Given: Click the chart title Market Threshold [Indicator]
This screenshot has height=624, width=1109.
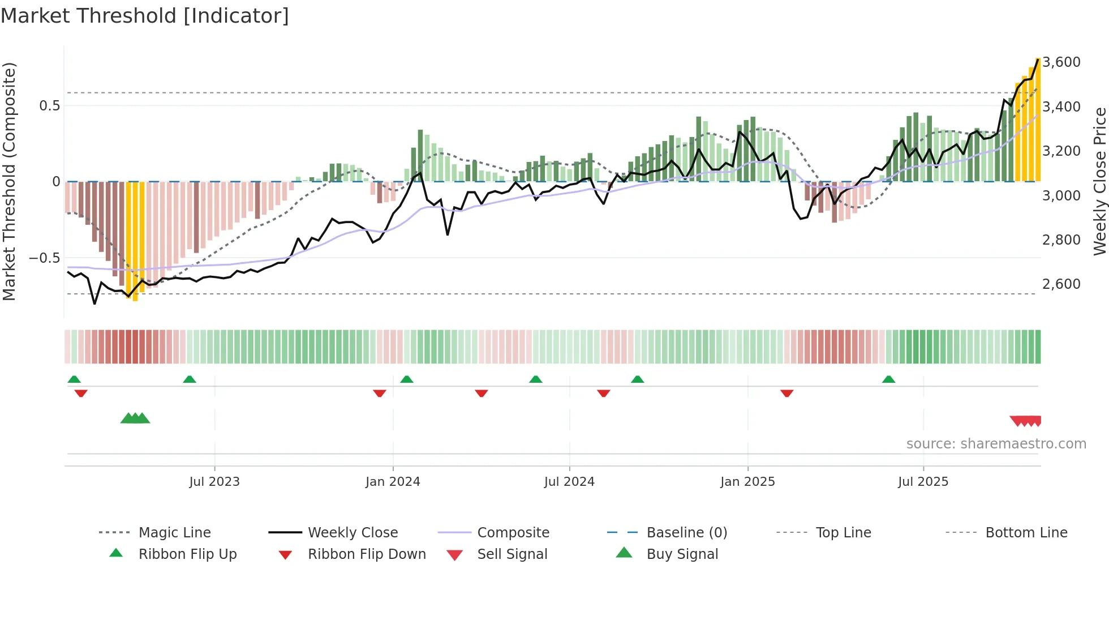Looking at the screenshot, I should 145,16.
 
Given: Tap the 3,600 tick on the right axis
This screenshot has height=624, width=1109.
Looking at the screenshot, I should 1061,62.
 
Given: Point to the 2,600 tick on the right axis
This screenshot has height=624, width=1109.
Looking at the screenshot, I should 1061,284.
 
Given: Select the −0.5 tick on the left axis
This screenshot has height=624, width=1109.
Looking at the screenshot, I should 45,258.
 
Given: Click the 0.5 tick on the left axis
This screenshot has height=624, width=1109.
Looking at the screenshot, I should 49,105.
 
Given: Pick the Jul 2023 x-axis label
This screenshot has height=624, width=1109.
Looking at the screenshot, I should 214,482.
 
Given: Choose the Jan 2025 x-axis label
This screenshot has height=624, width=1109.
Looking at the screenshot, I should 747,482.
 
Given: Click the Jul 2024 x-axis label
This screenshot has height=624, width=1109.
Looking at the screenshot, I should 569,482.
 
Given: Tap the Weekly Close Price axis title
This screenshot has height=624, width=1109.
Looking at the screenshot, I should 1099,181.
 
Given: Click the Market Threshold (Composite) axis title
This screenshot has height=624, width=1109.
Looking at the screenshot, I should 9,181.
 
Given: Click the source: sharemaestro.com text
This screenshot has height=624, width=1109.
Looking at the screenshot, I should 996,444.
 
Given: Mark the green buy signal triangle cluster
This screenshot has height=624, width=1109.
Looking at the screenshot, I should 135,418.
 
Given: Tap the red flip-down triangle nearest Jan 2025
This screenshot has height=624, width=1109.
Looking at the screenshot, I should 786,393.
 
